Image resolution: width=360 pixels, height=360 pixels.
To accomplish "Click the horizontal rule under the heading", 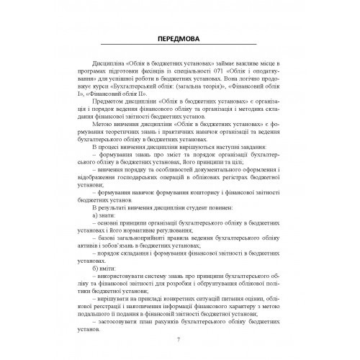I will (179, 47).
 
